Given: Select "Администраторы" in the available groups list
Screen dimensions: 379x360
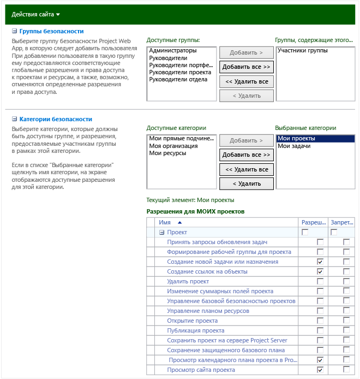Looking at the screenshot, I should pos(172,51).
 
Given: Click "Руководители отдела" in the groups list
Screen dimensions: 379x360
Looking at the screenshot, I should pos(178,80).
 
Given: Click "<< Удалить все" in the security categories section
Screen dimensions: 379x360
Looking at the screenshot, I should pos(247,169).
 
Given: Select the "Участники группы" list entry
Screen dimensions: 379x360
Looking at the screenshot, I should pos(303,51).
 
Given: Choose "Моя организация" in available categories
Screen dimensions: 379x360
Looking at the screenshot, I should pos(173,146).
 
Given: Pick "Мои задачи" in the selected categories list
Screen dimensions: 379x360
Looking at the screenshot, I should pos(294,146).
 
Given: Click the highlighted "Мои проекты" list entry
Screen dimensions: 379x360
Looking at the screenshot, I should pos(296,139).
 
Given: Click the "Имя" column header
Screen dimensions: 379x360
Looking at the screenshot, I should pos(165,222).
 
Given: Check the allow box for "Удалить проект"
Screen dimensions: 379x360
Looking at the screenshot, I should pos(320,281).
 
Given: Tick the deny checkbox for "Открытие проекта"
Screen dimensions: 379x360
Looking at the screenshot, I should pos(346,321).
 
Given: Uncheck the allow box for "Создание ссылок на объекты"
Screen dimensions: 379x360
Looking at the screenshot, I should pos(320,271).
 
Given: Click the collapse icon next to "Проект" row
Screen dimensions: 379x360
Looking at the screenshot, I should pos(162,232).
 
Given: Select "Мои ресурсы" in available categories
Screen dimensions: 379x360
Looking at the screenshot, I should pos(167,153).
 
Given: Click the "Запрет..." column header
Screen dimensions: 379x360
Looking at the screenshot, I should pos(342,222).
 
